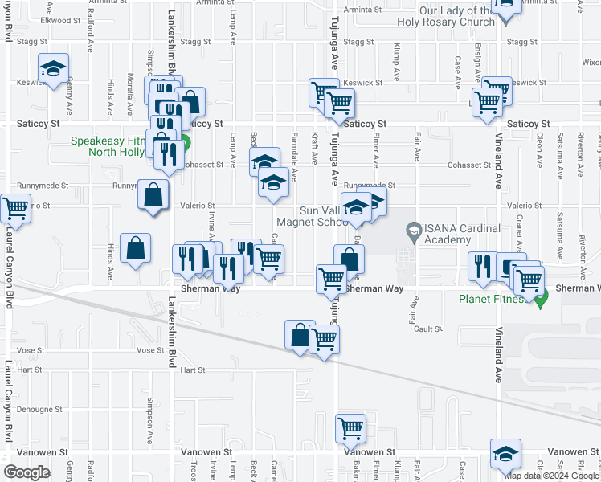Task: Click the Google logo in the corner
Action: (x=27, y=472)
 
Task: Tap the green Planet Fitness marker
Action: (x=541, y=299)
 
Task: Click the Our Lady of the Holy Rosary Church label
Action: (x=454, y=17)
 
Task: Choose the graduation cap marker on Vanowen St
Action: (x=505, y=454)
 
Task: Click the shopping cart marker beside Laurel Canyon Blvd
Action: (x=15, y=209)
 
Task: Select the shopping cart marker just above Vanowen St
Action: (x=350, y=430)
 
